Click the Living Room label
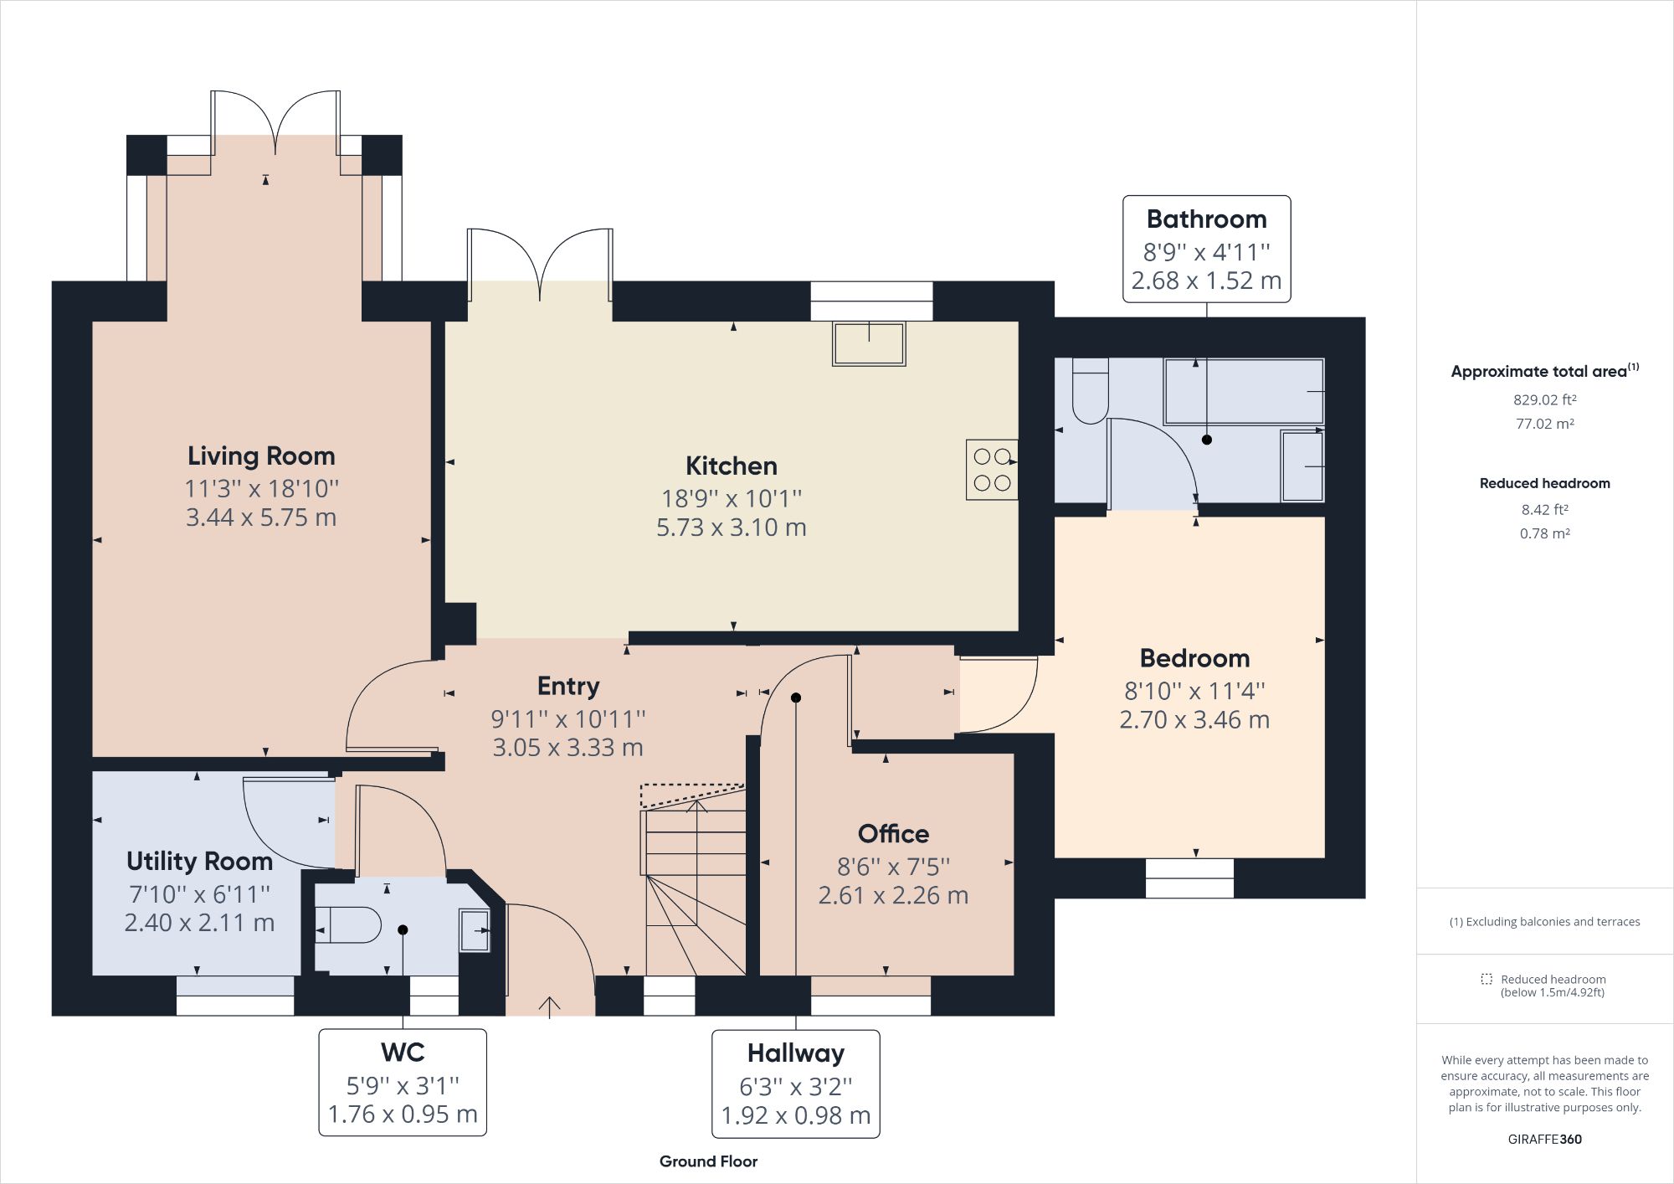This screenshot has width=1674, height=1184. (261, 456)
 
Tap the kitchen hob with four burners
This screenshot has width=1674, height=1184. (992, 470)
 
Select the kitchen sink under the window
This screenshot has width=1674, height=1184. (869, 344)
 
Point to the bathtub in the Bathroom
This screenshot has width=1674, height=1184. (1244, 391)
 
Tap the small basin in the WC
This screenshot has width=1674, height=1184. (475, 929)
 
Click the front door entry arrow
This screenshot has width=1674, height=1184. (550, 1006)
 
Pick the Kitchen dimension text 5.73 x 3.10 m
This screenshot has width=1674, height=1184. (731, 528)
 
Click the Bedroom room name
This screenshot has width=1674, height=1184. (1194, 658)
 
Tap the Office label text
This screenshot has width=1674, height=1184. (893, 834)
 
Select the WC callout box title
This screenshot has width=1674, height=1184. (403, 1052)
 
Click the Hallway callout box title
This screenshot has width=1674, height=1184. (795, 1053)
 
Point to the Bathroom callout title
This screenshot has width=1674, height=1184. (1206, 219)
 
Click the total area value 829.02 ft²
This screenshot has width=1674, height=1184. (1544, 400)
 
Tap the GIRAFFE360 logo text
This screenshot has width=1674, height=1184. (1544, 1139)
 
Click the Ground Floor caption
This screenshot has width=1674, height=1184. (708, 1161)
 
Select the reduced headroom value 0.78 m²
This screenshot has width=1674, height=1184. (1544, 533)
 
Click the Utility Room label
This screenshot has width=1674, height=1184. (199, 861)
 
